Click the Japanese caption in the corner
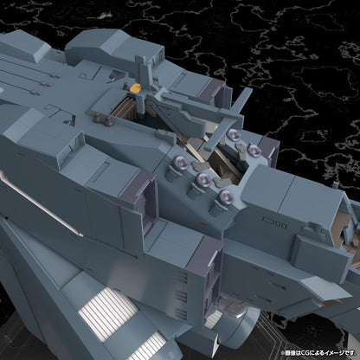(x=306, y=351)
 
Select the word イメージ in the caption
(x=329, y=351)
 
